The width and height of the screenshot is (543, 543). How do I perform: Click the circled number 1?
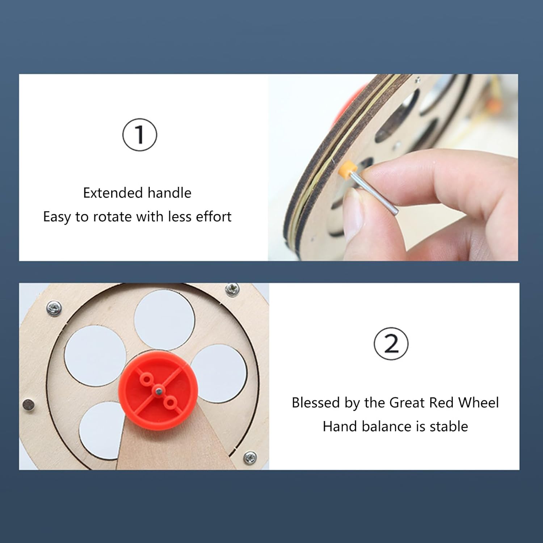click(x=140, y=135)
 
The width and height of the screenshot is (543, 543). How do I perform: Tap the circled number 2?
click(x=391, y=344)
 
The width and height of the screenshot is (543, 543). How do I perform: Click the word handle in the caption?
click(x=169, y=193)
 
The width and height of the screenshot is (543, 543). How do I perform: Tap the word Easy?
click(x=57, y=217)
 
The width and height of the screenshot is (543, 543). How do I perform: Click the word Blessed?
click(x=316, y=403)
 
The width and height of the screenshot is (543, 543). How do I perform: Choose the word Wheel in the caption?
click(x=479, y=403)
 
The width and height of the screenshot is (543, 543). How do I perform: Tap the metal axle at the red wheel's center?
click(x=158, y=390)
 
